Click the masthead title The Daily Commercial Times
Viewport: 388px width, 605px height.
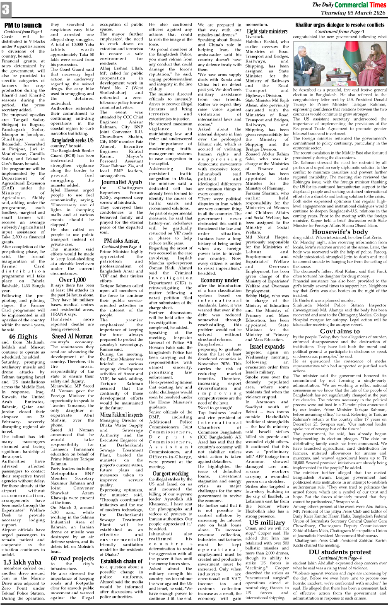click(349, 5)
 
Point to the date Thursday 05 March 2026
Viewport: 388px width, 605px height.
click(353, 13)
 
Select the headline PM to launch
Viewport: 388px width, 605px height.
click(23, 25)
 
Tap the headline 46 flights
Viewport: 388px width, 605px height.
click(23, 336)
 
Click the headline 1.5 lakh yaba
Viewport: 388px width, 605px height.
click(22, 562)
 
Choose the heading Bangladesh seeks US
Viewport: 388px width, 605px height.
click(72, 140)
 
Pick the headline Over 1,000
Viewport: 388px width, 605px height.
click(72, 280)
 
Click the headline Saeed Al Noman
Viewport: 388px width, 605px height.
click(72, 336)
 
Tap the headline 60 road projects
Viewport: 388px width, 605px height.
click(72, 558)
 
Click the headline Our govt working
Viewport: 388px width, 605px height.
click(171, 473)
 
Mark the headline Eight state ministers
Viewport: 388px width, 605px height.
click(267, 31)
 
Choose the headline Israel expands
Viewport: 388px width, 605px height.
click(267, 346)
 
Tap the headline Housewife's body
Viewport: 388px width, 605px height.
click(340, 232)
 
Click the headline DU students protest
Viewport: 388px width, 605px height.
click(340, 552)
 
